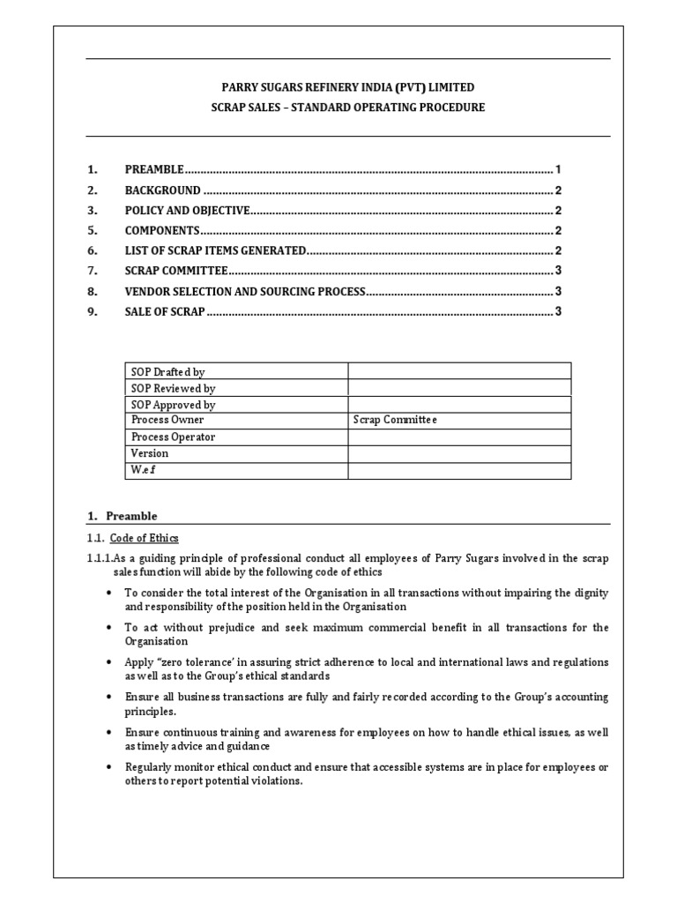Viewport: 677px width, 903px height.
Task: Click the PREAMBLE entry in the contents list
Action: tap(154, 168)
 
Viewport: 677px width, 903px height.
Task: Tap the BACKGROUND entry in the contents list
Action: tap(162, 190)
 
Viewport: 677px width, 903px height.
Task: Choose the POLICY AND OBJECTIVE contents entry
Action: tap(188, 210)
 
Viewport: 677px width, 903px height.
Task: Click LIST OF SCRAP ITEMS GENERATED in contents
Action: tap(215, 250)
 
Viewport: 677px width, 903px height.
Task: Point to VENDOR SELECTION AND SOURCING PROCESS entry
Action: tap(244, 291)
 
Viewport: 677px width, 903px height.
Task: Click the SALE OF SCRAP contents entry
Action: tap(165, 311)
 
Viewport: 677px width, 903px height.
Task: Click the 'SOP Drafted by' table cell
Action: tap(167, 372)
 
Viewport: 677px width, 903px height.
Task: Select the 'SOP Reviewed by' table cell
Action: tap(173, 388)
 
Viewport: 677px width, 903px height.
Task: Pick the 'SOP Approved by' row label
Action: tap(173, 405)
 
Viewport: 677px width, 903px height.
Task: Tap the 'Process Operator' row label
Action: tap(173, 437)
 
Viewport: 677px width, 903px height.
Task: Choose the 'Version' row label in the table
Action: tap(150, 453)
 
